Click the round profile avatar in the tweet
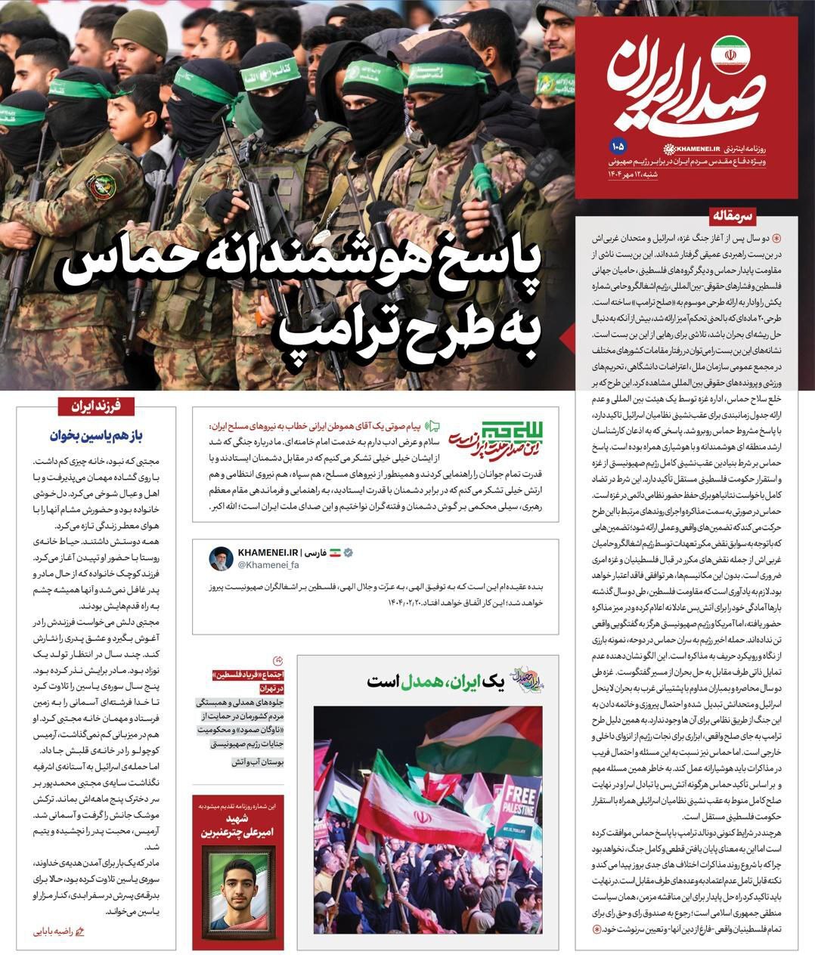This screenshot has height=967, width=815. click(x=221, y=559)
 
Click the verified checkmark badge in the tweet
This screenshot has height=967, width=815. click(x=349, y=553)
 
